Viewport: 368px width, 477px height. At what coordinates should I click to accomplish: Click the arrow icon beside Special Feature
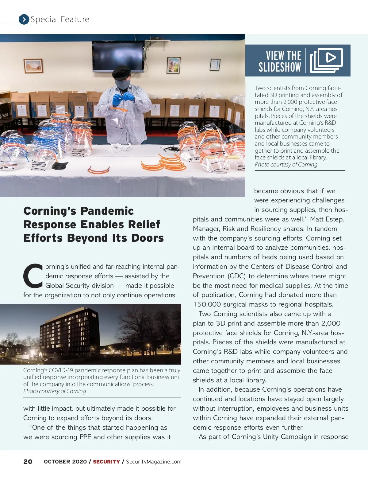(x=24, y=19)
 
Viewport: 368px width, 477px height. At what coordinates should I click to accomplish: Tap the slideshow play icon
(x=326, y=60)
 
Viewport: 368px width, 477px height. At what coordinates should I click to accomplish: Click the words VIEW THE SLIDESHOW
(x=280, y=61)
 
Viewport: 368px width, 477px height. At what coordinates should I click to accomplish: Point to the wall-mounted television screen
(x=118, y=56)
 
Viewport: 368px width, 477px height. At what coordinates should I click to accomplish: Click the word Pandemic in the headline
(x=107, y=211)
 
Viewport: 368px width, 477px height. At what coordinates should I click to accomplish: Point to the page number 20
(x=28, y=462)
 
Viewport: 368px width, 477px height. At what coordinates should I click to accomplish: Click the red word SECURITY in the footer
(x=106, y=462)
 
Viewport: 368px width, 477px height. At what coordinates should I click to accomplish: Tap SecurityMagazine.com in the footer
(x=154, y=462)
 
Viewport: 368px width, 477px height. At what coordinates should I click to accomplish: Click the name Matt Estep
(x=327, y=219)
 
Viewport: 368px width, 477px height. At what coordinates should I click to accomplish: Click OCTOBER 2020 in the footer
(x=65, y=462)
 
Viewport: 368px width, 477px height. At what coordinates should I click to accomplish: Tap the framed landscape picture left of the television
(x=33, y=65)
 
